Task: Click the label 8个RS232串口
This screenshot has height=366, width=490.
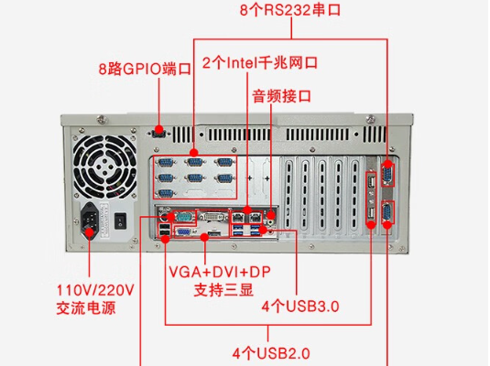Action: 289,11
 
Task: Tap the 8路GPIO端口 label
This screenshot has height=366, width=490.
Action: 145,69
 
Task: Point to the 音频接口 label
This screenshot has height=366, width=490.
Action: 282,95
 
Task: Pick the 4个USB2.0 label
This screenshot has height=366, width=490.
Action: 271,351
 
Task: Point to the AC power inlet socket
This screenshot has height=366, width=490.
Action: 92,221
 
